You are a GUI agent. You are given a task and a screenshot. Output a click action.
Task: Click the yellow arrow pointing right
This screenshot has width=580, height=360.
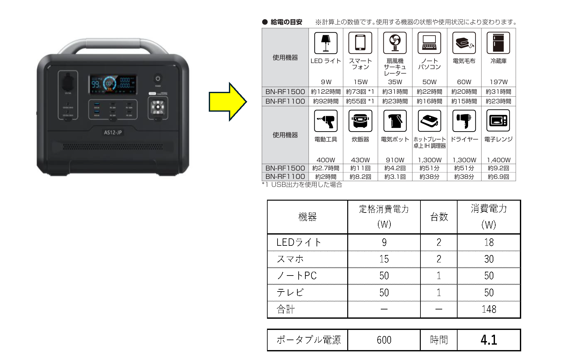point(228,102)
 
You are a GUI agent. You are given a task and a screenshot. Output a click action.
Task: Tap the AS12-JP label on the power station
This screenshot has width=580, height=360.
point(113,132)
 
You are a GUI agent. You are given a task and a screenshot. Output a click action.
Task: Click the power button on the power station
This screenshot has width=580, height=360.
point(158,78)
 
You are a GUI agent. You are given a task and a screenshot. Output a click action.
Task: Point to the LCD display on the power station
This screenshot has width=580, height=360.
point(113,84)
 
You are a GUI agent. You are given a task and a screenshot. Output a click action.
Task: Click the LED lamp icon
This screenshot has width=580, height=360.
point(326,43)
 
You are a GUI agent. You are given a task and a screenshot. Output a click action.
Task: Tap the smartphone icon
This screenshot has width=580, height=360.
point(360,43)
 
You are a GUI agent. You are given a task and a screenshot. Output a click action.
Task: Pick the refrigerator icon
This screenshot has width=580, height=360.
point(498,43)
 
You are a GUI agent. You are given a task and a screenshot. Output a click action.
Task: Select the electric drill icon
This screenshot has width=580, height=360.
point(326,121)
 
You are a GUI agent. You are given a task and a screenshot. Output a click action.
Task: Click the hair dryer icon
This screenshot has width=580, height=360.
point(464,121)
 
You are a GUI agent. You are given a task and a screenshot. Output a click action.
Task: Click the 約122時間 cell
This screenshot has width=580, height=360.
point(326,92)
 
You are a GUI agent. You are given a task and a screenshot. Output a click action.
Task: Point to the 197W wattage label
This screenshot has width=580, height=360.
point(498,82)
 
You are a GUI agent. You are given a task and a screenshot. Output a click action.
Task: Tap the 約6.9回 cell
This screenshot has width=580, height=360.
point(498,177)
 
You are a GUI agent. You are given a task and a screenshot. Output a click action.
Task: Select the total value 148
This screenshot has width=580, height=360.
point(489,309)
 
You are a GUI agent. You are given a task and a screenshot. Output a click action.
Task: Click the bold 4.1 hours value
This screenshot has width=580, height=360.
point(489,340)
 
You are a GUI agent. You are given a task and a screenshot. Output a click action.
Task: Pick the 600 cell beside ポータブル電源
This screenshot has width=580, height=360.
point(384,340)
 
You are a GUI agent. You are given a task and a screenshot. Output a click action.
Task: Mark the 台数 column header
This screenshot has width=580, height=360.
point(439,217)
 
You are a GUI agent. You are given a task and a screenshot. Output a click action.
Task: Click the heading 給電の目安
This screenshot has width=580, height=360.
point(286,22)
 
